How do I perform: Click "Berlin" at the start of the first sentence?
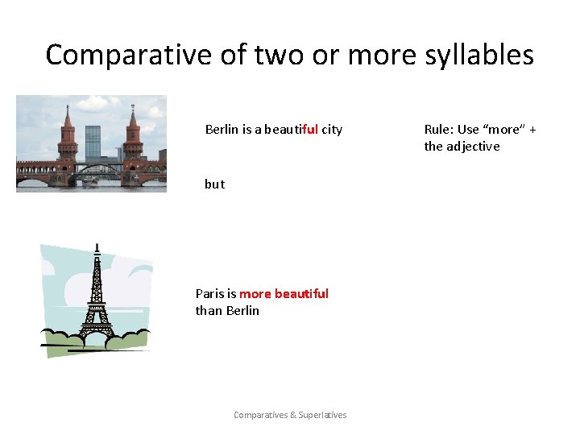222,129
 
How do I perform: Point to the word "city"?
332,129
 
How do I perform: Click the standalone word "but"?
214,184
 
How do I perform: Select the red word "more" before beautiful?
255,293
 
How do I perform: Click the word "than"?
209,310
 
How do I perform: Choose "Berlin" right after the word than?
242,310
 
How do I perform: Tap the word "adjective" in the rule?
474,146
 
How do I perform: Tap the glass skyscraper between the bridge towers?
93,143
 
